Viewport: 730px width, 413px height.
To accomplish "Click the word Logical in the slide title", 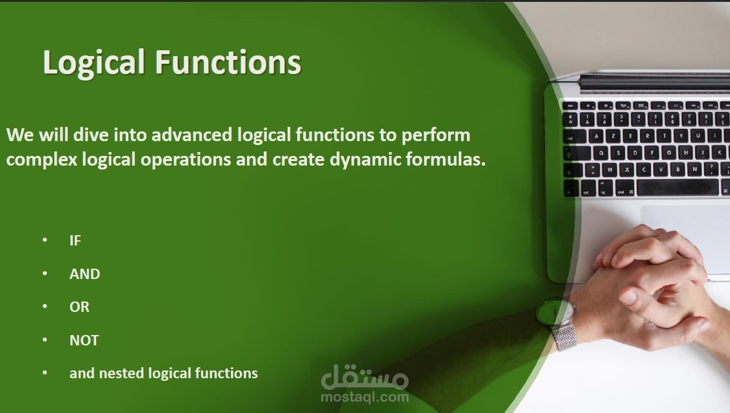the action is (x=94, y=62).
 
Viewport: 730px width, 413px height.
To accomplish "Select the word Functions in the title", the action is (x=228, y=62).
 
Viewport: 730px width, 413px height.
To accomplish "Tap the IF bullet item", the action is (x=75, y=240).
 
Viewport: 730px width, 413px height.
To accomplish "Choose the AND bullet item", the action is (x=84, y=274).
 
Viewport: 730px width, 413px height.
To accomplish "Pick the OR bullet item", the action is (x=79, y=307).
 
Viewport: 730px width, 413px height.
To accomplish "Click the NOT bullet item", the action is (x=84, y=340).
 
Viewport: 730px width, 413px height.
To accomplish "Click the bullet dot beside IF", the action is (x=44, y=240).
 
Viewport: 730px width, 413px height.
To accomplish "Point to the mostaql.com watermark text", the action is (x=364, y=397).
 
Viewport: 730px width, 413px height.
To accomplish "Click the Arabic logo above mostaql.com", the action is (x=364, y=377).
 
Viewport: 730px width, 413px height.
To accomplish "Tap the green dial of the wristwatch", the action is (x=553, y=312).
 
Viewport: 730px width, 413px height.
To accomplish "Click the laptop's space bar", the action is (x=677, y=187).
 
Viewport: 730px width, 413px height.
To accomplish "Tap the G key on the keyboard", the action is (x=669, y=153).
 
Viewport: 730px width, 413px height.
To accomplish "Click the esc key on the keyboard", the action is (x=570, y=106).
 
